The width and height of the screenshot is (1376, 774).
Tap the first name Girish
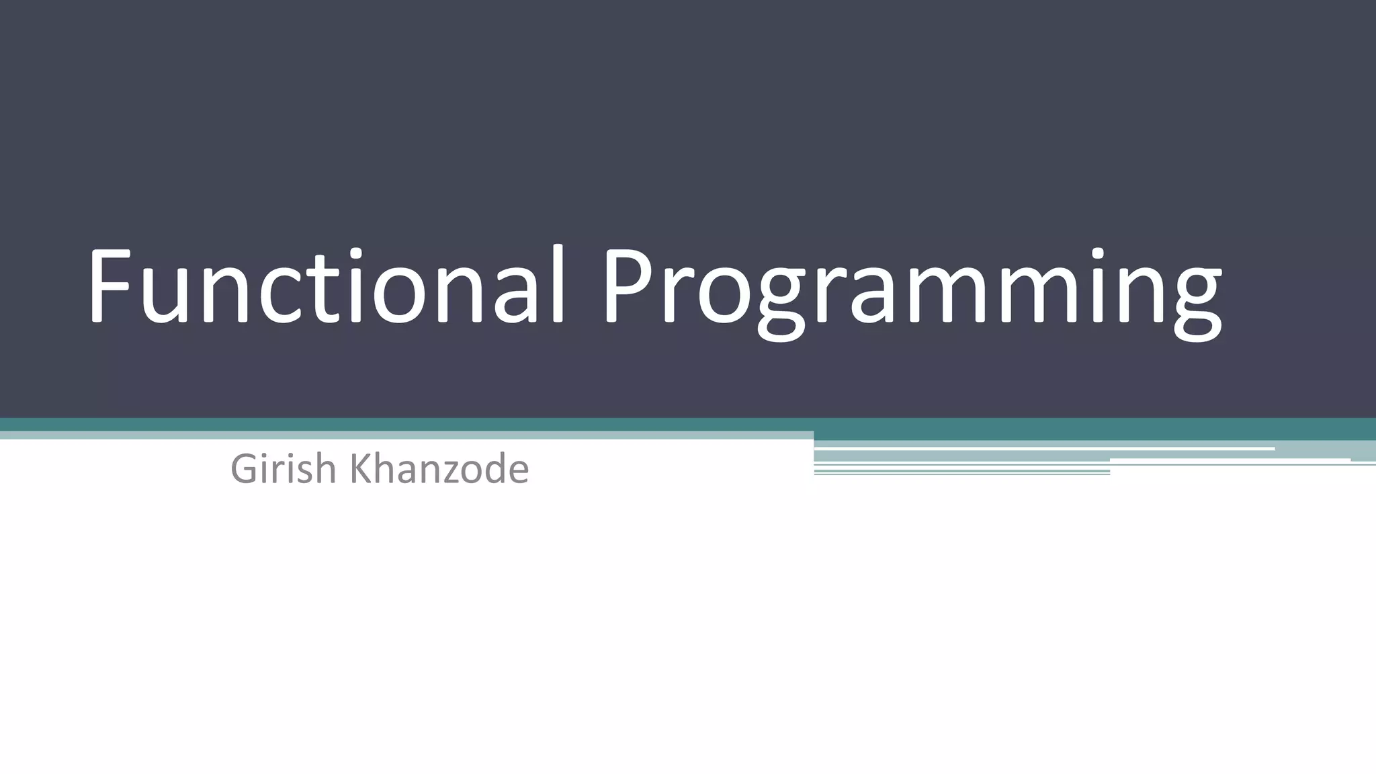283,469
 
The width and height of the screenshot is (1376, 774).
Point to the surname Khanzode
440,469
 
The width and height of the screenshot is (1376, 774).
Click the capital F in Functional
110,286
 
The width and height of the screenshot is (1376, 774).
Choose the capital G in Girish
245,469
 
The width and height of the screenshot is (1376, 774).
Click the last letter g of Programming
1196,302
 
